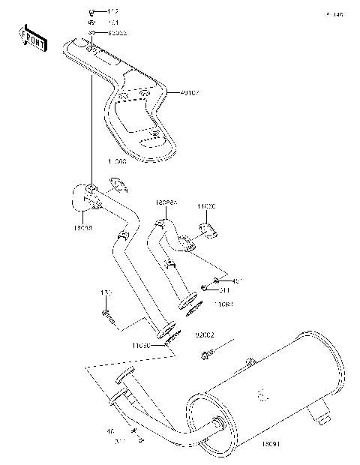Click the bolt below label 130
click(x=107, y=315)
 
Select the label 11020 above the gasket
click(x=207, y=205)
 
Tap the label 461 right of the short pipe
click(x=237, y=281)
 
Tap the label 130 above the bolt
click(x=106, y=292)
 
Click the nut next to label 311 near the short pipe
click(x=204, y=288)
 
